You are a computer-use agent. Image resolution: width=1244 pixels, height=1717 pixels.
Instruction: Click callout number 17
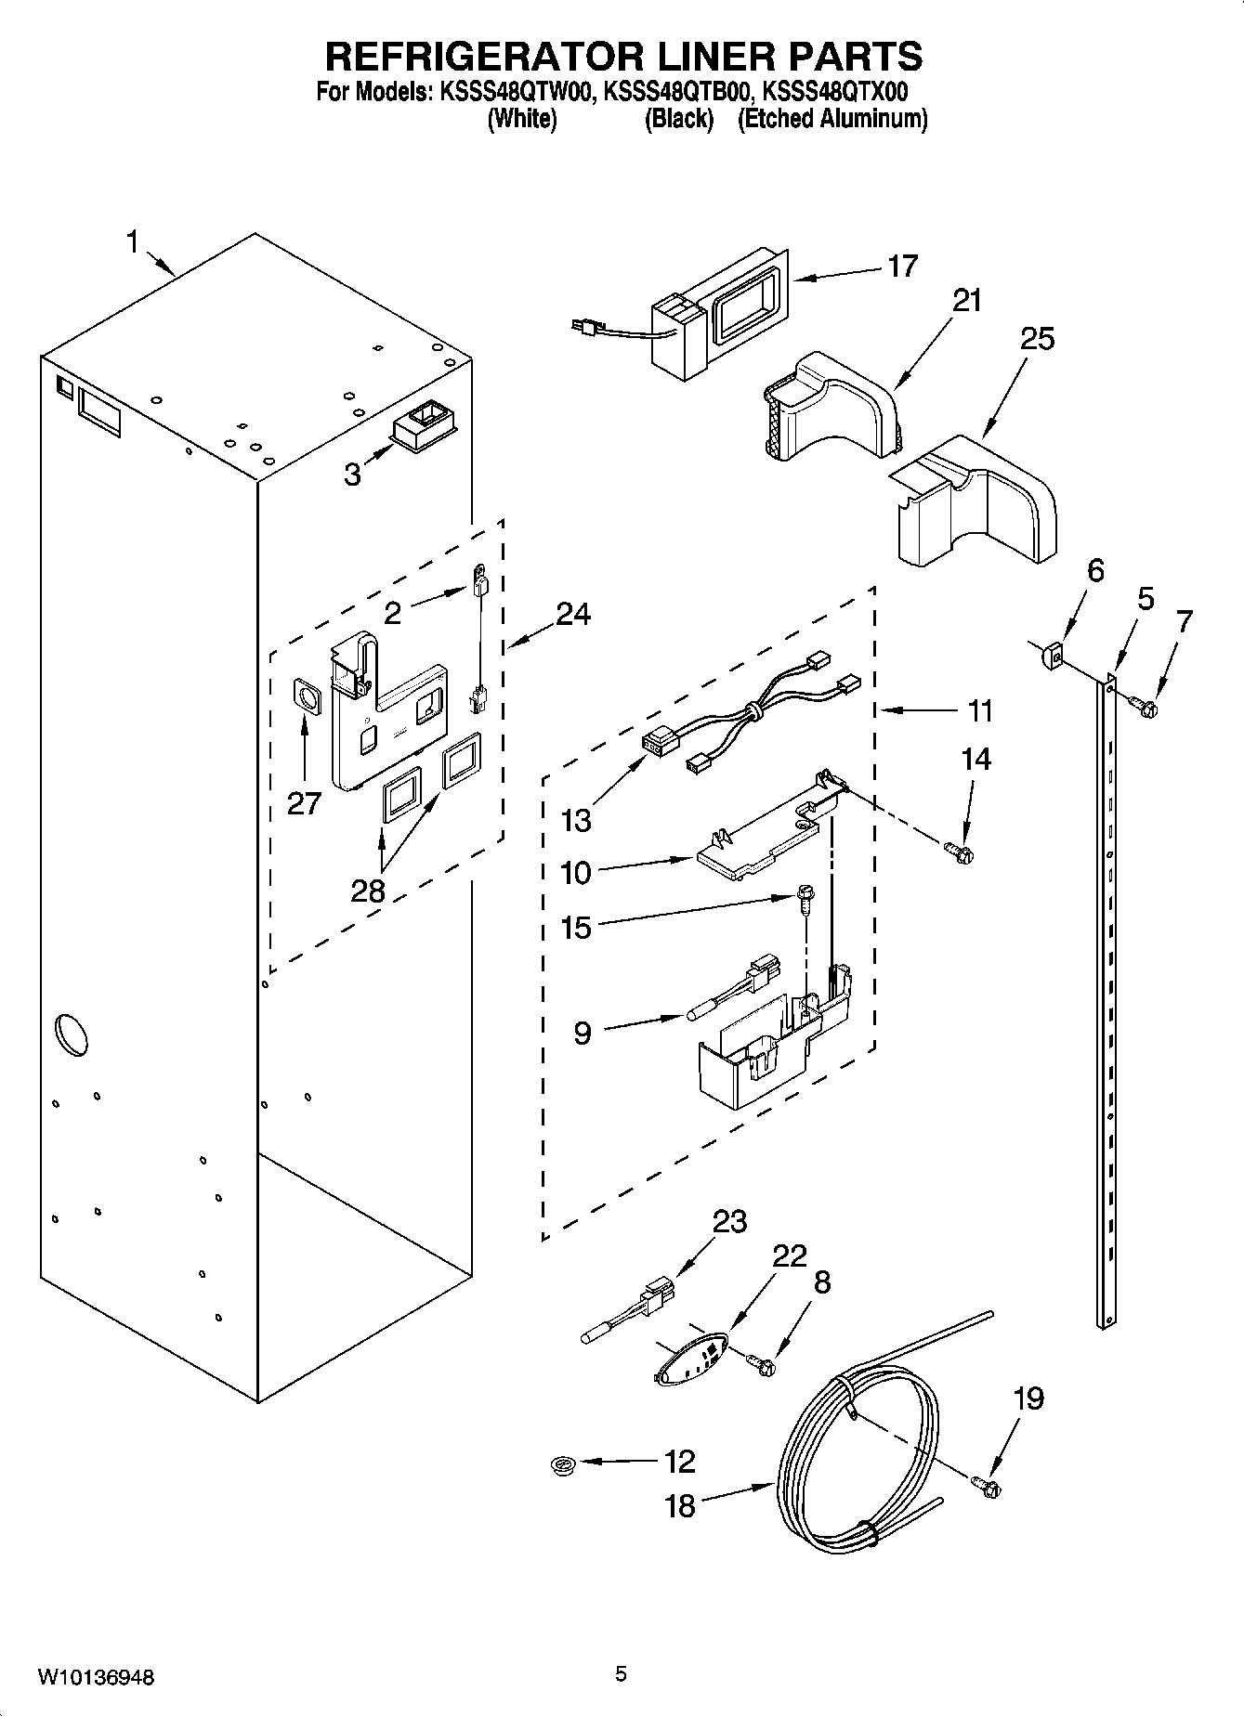click(x=902, y=266)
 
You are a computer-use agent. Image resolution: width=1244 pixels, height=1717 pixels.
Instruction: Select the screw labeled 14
click(x=958, y=850)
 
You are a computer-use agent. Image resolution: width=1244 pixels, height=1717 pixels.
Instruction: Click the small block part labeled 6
click(x=1053, y=657)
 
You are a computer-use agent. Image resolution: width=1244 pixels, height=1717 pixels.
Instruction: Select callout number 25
click(x=1037, y=339)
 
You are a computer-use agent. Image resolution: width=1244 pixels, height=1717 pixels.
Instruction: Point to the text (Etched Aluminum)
click(x=832, y=119)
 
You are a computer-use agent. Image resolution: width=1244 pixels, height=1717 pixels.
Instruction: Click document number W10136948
click(x=97, y=1677)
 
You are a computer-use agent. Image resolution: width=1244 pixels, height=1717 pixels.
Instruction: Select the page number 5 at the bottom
click(x=621, y=1674)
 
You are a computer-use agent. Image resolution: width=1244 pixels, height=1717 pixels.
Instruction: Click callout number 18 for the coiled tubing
click(x=680, y=1505)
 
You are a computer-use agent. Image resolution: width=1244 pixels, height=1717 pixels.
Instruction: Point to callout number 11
click(x=979, y=711)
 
